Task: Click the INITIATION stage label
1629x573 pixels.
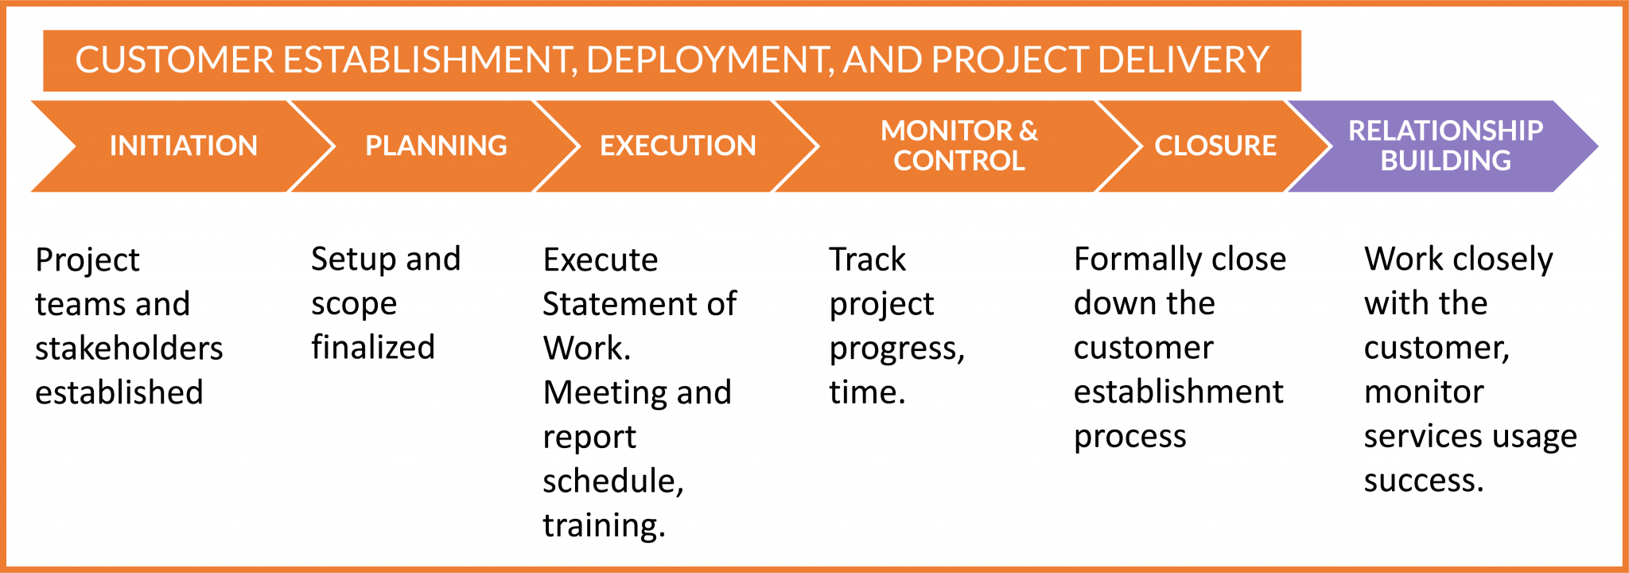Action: (x=184, y=146)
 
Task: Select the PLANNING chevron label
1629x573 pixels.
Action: (x=436, y=146)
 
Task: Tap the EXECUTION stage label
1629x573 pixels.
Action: (x=678, y=146)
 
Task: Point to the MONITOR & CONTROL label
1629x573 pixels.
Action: (x=959, y=146)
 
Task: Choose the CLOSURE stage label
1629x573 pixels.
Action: (x=1215, y=146)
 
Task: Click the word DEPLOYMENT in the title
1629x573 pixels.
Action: (x=710, y=60)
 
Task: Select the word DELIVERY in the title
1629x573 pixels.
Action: (x=1184, y=60)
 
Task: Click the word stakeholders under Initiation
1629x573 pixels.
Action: (x=129, y=349)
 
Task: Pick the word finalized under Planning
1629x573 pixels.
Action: (x=373, y=348)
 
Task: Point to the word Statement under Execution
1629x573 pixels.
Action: (x=613, y=304)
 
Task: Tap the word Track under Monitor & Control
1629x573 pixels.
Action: (x=867, y=259)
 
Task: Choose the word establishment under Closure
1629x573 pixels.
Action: (x=1178, y=392)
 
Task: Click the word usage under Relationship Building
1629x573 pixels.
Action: (x=1537, y=437)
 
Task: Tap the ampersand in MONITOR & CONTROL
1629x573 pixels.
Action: (x=1028, y=131)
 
